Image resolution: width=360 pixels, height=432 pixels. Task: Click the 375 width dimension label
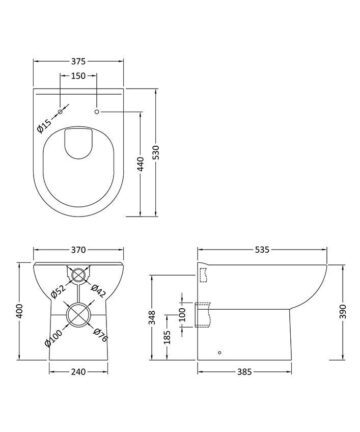pyautogui.click(x=78, y=61)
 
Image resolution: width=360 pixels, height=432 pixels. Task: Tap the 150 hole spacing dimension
pyautogui.click(x=78, y=76)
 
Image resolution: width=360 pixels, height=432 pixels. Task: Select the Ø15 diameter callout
pyautogui.click(x=45, y=125)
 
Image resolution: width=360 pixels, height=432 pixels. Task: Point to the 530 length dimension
pyautogui.click(x=156, y=152)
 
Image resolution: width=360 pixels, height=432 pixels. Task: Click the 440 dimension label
pyautogui.click(x=140, y=164)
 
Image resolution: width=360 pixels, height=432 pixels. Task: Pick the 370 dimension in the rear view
pyautogui.click(x=78, y=250)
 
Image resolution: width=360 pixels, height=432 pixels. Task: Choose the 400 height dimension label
pyautogui.click(x=20, y=310)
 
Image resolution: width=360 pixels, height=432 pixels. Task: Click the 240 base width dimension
pyautogui.click(x=78, y=371)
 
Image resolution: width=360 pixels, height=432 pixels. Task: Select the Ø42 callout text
pyautogui.click(x=98, y=291)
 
